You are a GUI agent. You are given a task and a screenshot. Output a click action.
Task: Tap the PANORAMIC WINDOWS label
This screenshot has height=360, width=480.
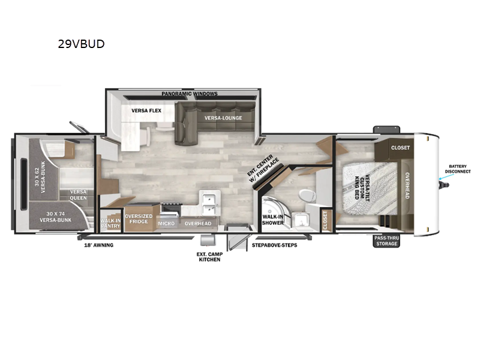190,94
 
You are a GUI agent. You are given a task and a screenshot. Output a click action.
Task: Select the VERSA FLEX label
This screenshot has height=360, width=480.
146,110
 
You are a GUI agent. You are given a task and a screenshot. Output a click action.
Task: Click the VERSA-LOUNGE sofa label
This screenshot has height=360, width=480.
223,118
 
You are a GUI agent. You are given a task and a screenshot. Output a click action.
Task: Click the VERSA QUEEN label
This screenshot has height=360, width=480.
78,195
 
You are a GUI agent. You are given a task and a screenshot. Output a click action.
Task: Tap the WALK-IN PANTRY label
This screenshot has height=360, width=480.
111,223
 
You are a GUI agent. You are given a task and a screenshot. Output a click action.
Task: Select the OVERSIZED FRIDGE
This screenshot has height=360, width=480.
138,219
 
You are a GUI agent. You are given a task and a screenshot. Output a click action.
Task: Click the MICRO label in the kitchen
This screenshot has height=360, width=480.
166,223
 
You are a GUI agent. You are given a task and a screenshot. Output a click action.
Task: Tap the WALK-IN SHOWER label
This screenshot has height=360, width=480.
272,219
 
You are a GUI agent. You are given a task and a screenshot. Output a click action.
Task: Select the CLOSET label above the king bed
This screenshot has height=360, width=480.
400,147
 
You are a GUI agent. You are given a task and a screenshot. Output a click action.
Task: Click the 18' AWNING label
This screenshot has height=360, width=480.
98,245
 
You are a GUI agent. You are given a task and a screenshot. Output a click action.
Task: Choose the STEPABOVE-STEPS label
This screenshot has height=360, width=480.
274,245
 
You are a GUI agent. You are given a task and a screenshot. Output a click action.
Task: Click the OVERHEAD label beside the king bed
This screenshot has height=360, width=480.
407,185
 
